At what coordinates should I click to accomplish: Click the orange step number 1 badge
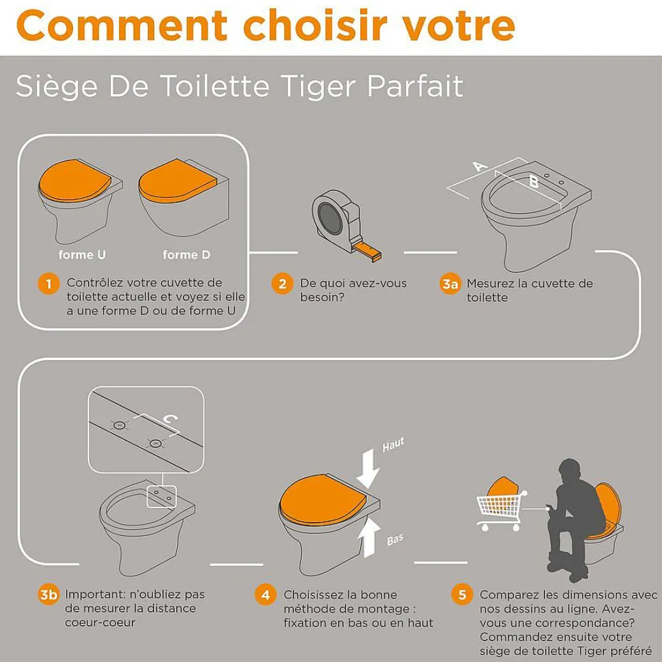point(48,283)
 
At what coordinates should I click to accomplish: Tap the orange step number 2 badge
point(282,283)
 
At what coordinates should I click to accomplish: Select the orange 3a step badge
point(450,284)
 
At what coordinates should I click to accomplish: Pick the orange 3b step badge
point(48,595)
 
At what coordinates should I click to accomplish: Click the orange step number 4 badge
point(265,595)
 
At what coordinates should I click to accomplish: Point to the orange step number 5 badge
point(462,595)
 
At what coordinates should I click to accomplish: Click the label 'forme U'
point(82,255)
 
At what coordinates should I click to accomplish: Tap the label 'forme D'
point(187,255)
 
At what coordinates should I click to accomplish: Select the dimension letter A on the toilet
point(480,165)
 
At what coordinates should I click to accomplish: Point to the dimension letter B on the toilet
point(533,182)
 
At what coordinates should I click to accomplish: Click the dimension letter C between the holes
point(170,419)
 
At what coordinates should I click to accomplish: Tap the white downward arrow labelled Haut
point(368,468)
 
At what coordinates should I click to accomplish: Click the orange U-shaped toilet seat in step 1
point(74,181)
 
